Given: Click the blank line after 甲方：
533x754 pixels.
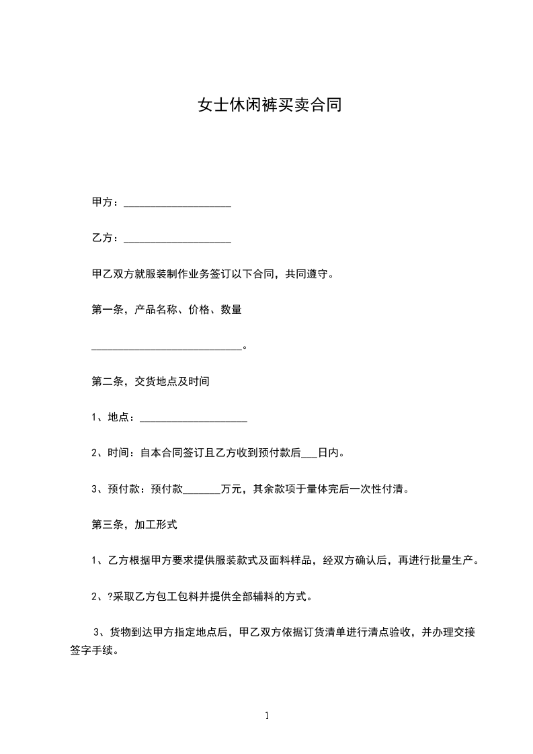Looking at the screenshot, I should (178, 202).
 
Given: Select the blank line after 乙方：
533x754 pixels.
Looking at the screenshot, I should (178, 239).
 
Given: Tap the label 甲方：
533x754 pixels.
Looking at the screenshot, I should (106, 202).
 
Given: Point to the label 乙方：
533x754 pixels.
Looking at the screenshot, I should (106, 239).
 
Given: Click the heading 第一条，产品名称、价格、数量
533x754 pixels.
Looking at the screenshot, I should (167, 310).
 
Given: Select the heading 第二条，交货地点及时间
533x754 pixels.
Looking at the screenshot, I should (151, 382).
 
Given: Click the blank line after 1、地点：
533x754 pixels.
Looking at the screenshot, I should (194, 419).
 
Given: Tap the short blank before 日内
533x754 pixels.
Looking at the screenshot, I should (309, 454).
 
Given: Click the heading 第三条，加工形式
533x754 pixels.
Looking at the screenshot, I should (134, 525).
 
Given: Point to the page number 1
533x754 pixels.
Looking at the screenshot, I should (267, 715).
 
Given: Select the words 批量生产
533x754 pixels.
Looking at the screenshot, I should (452, 561).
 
